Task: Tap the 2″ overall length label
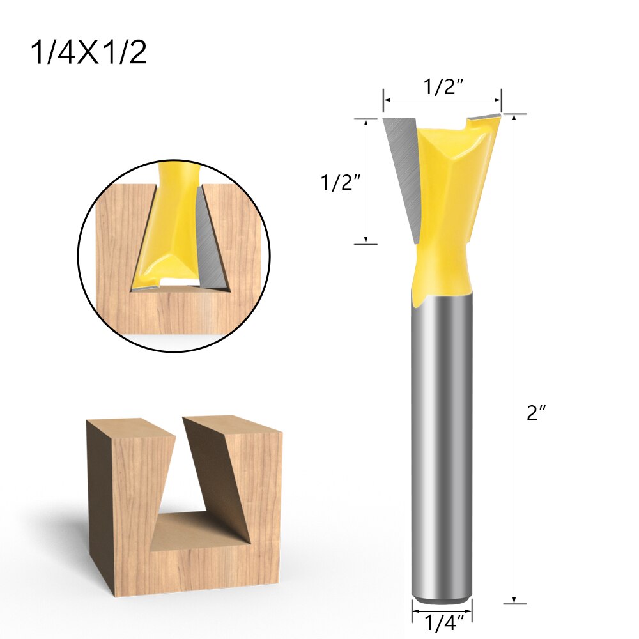pyautogui.click(x=536, y=413)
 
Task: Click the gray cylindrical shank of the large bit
pyautogui.click(x=441, y=447)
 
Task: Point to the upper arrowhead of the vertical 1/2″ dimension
pyautogui.click(x=366, y=122)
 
